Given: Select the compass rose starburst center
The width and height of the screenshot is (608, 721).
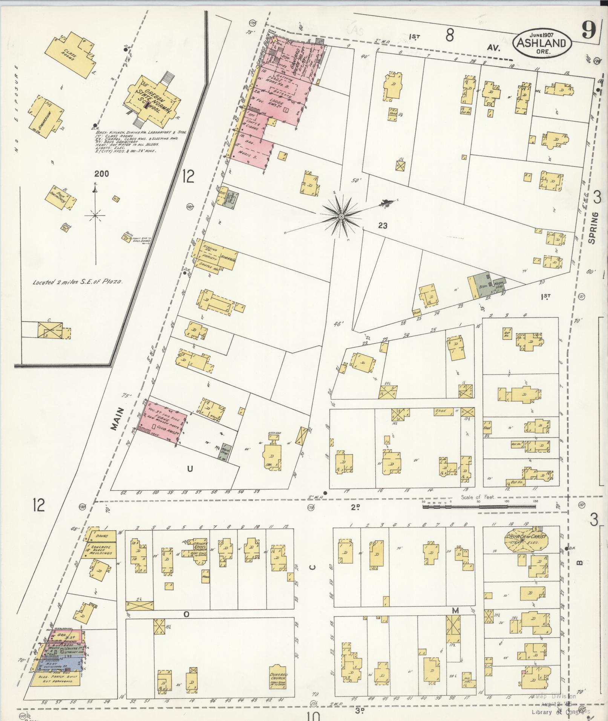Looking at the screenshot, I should pos(341,216).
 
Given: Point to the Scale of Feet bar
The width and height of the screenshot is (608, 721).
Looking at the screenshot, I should pos(479,507).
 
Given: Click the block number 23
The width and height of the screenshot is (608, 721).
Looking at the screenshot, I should pos(383,226).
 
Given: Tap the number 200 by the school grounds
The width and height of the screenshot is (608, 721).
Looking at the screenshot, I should pos(101,174).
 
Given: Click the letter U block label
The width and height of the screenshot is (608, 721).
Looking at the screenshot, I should pos(190,468).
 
